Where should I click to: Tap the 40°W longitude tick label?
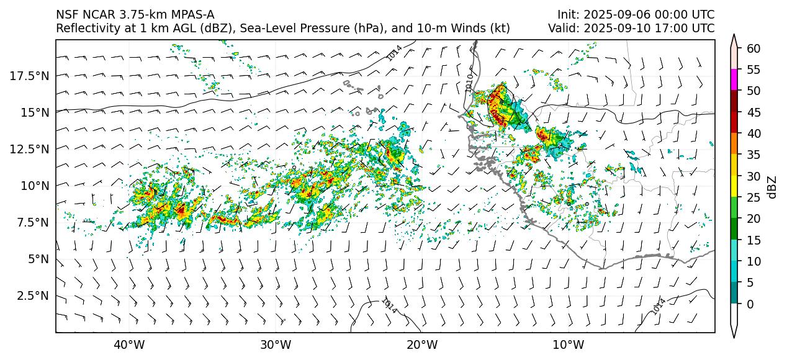129,344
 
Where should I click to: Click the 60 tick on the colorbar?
753,48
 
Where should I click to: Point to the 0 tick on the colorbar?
750,304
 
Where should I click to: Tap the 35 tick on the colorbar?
753,155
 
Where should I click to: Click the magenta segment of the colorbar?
734,80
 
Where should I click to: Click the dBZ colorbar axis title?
773,186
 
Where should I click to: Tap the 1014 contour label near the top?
393,53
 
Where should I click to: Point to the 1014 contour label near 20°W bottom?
389,305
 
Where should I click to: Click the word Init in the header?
567,14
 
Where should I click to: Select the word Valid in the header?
562,28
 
